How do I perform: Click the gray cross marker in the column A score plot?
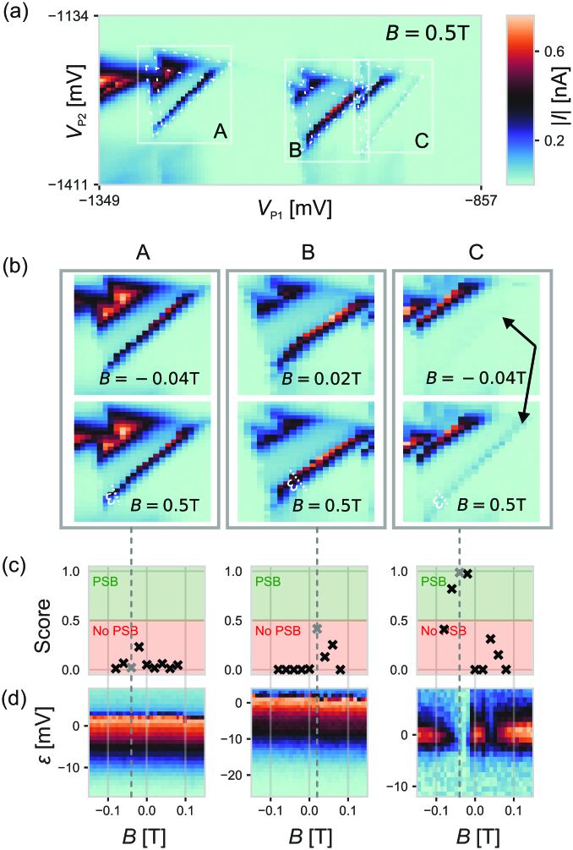pyautogui.click(x=131, y=668)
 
